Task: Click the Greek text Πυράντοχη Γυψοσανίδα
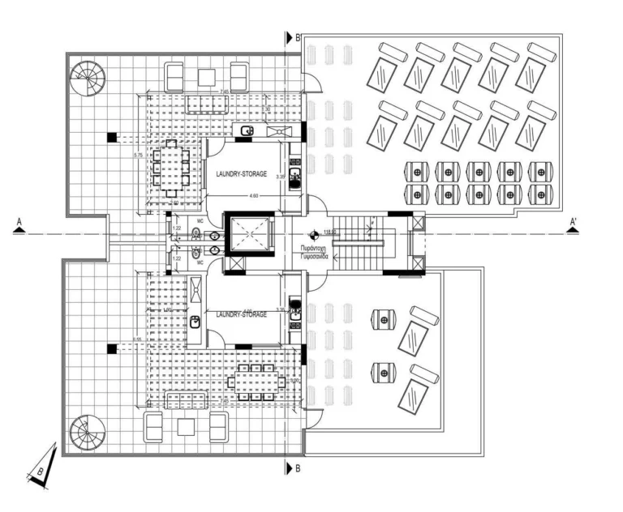(x=313, y=249)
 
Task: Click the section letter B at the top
(x=299, y=37)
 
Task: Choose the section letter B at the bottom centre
(x=299, y=468)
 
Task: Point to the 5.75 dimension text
(x=139, y=154)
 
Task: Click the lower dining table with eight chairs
(x=256, y=382)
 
